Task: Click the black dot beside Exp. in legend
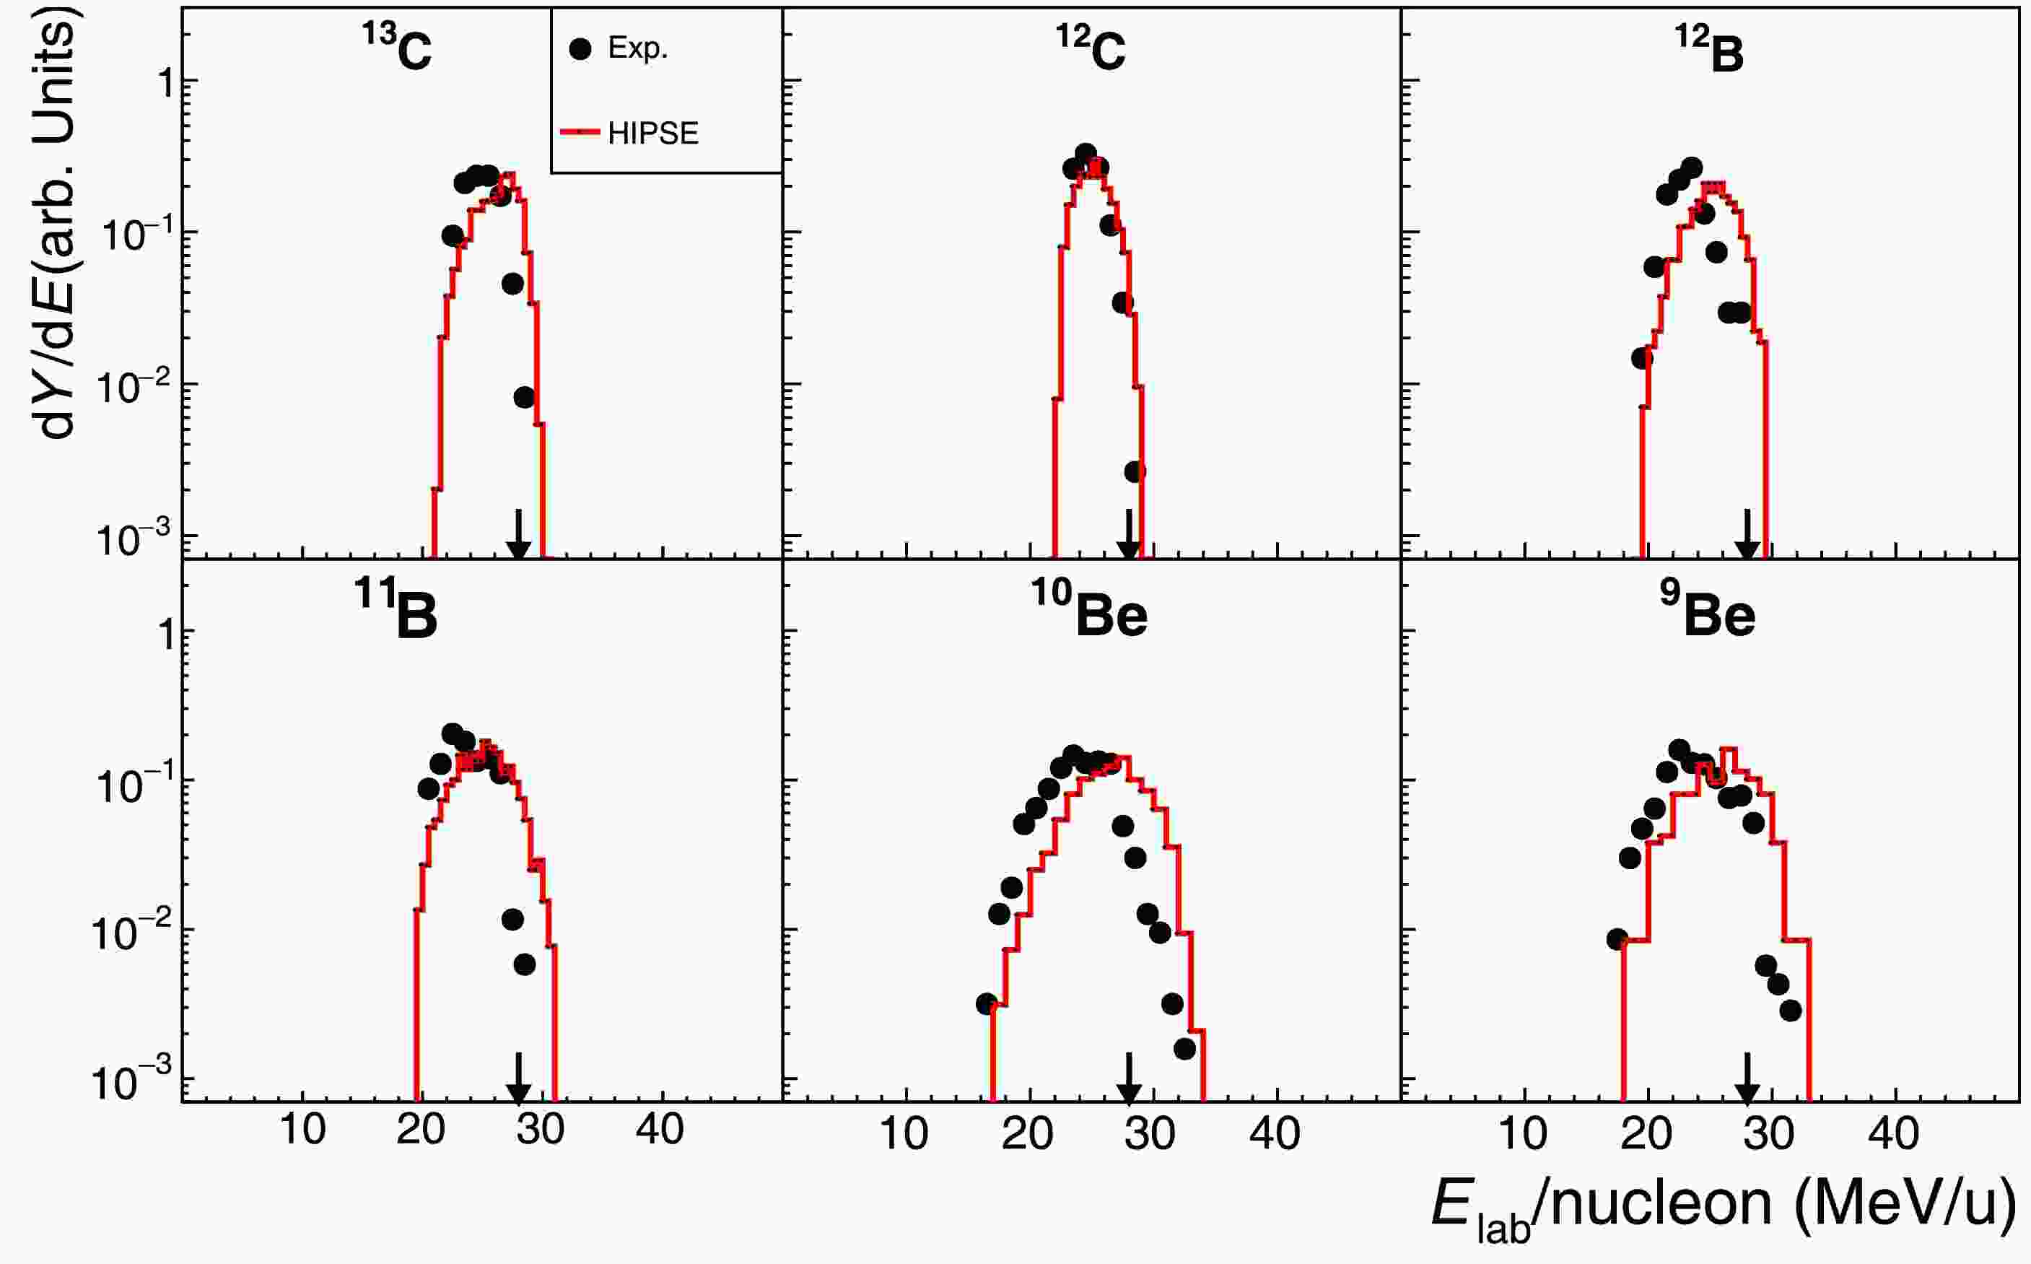coord(580,49)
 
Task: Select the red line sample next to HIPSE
coord(580,132)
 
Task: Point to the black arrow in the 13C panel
coord(518,535)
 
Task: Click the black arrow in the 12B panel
coord(1746,535)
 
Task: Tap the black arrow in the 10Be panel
coord(1129,1078)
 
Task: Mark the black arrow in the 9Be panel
coord(1746,1078)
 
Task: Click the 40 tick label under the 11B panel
coord(660,1130)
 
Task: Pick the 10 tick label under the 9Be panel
coord(1523,1134)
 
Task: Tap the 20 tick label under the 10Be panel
coord(1027,1134)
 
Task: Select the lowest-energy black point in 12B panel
coord(1643,358)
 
